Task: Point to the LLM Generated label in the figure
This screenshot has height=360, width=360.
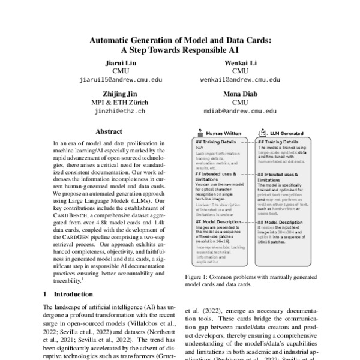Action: (x=284, y=133)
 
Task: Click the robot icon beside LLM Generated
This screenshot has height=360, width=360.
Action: (x=264, y=133)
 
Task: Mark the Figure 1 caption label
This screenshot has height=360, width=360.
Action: (x=197, y=278)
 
